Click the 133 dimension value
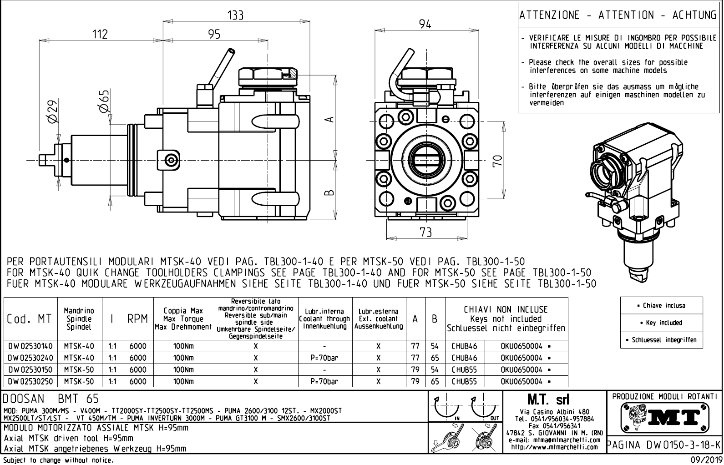(235, 15)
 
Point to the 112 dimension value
(100, 34)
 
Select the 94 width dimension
(425, 24)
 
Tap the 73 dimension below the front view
(425, 232)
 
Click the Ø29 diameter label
(52, 111)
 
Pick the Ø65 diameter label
(104, 101)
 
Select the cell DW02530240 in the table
(30, 358)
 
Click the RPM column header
(137, 319)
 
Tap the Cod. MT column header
(29, 319)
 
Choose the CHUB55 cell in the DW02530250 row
(464, 382)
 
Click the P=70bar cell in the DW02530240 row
(324, 358)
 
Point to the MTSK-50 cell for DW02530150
(79, 370)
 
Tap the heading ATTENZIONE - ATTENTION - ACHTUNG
(618, 15)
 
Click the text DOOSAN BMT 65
(51, 399)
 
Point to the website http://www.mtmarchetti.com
(554, 447)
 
